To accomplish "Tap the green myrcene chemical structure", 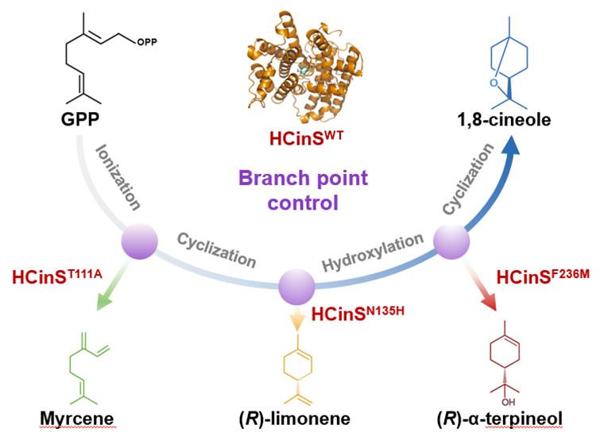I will coord(80,365).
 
